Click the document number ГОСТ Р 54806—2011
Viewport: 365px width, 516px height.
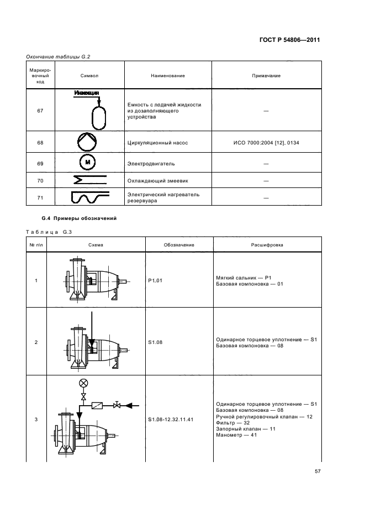click(x=289, y=40)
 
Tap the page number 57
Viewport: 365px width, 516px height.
click(x=318, y=471)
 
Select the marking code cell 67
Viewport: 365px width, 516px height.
click(x=40, y=111)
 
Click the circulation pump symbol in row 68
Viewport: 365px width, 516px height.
click(x=87, y=142)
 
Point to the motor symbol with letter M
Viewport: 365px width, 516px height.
click(x=88, y=162)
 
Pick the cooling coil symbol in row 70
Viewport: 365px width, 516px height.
click(x=89, y=180)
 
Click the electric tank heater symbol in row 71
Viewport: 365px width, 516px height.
click(x=89, y=197)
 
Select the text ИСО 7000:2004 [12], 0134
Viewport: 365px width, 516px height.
click(x=266, y=143)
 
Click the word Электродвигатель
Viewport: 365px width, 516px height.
click(x=151, y=164)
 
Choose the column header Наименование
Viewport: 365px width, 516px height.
click(x=168, y=76)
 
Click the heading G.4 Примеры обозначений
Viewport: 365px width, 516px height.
click(x=79, y=218)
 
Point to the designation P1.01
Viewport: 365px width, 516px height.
click(x=155, y=281)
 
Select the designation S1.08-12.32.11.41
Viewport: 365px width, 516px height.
click(x=171, y=420)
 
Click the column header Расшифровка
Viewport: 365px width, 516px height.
click(x=267, y=245)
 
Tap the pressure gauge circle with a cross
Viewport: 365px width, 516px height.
click(x=84, y=383)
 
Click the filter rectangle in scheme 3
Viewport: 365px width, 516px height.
click(x=97, y=405)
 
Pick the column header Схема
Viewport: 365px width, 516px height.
click(x=96, y=245)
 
